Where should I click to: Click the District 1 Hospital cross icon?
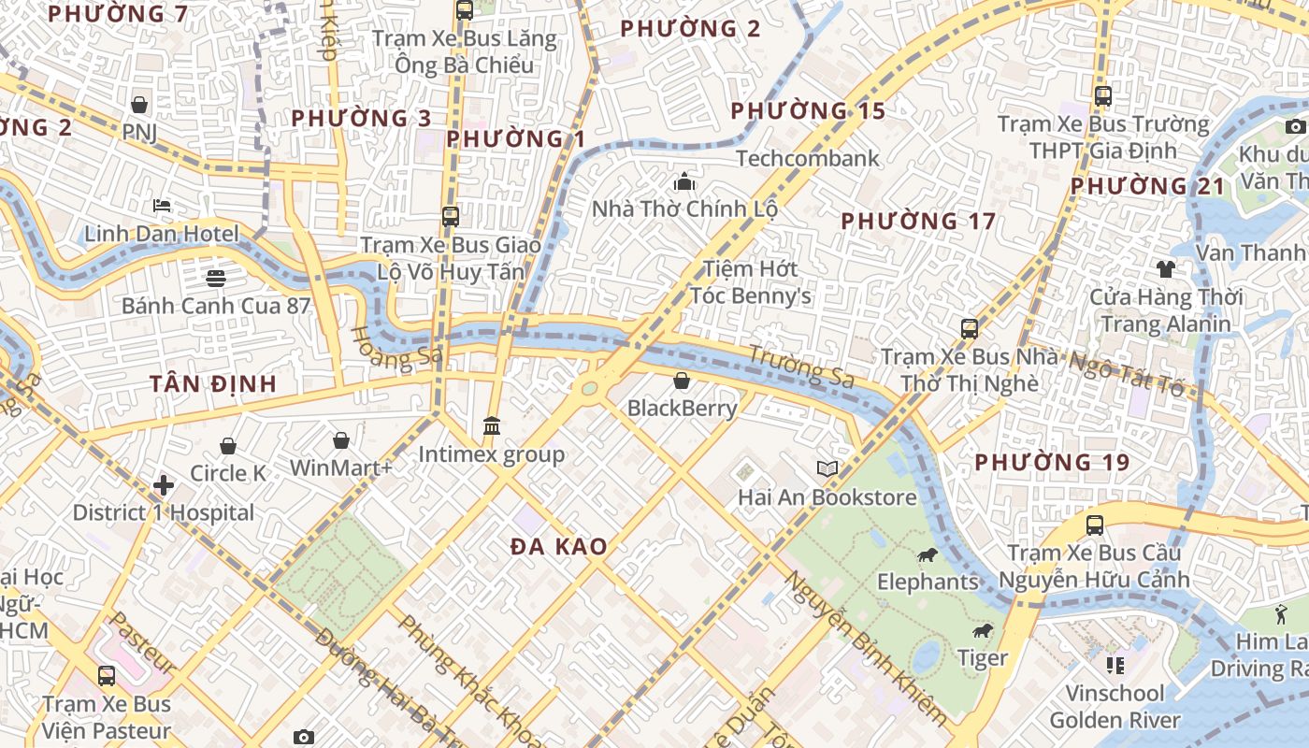pyautogui.click(x=164, y=485)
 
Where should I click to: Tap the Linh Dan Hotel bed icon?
pyautogui.click(x=162, y=206)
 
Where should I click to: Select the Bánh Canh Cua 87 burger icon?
pyautogui.click(x=216, y=278)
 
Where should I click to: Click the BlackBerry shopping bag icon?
pyautogui.click(x=682, y=381)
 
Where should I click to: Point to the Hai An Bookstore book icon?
pyautogui.click(x=827, y=468)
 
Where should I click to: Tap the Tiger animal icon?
pyautogui.click(x=982, y=631)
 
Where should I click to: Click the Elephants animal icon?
pyautogui.click(x=928, y=555)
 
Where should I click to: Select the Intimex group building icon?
pyautogui.click(x=492, y=426)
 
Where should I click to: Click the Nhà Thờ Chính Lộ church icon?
pyautogui.click(x=685, y=181)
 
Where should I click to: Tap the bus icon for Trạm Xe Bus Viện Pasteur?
pyautogui.click(x=107, y=676)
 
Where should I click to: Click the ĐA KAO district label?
pyautogui.click(x=559, y=547)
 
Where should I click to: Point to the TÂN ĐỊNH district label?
pyautogui.click(x=213, y=383)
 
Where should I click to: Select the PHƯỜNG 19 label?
pyautogui.click(x=1052, y=462)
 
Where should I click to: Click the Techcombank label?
pyautogui.click(x=808, y=158)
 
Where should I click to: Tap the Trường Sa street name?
pyautogui.click(x=801, y=366)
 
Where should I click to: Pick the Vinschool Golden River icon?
pyautogui.click(x=1115, y=666)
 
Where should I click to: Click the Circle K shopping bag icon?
pyautogui.click(x=228, y=446)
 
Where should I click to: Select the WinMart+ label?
pyautogui.click(x=341, y=467)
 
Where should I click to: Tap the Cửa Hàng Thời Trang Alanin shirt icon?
pyautogui.click(x=1165, y=269)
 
